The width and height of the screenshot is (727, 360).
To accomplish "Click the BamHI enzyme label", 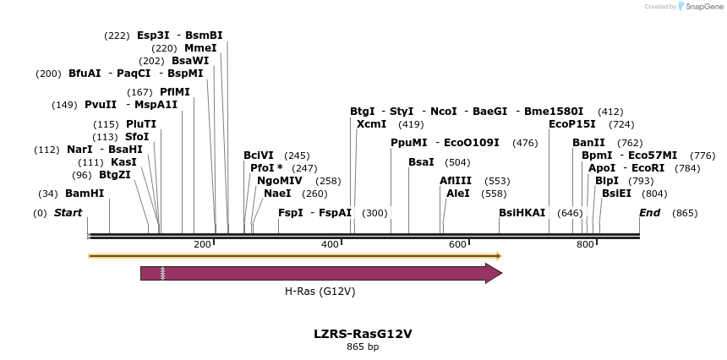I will tap(85, 194).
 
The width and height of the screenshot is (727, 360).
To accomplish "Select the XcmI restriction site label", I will tap(371, 124).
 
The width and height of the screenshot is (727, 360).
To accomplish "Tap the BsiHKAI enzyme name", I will tap(522, 213).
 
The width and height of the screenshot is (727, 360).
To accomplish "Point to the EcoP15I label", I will tap(572, 124).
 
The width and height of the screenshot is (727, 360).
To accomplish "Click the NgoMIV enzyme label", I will tap(280, 180).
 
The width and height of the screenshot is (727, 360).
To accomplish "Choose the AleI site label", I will tap(457, 194).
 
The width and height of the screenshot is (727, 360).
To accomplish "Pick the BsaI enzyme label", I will tap(421, 161).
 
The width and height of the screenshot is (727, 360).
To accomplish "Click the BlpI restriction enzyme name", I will tap(607, 180).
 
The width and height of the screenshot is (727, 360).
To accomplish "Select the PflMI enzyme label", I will tap(175, 92).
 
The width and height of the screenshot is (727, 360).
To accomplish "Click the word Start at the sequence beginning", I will tap(68, 213).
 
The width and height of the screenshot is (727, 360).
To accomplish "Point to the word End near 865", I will tap(649, 213).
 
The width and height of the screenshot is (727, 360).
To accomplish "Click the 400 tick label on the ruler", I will tap(331, 244).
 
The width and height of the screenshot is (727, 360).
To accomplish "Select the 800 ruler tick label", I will tap(585, 244).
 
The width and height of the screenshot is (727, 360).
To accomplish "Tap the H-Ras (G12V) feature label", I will tap(320, 292).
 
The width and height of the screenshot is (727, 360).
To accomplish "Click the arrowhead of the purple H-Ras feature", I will tap(494, 273).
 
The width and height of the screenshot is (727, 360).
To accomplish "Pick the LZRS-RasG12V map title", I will tap(363, 333).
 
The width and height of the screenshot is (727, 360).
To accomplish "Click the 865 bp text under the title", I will tap(363, 346).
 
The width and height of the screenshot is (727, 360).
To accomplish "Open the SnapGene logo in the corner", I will tap(698, 7).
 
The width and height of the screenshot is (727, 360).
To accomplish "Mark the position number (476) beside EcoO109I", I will tap(525, 143).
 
